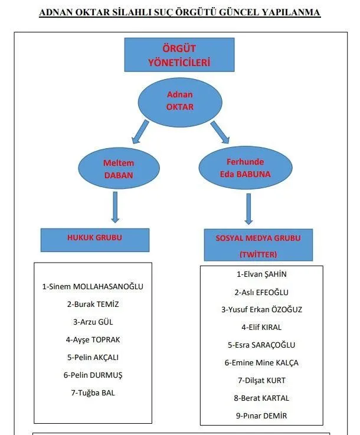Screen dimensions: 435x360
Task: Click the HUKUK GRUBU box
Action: tap(94, 238)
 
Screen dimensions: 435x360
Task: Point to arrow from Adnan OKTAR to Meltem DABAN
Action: tap(141, 131)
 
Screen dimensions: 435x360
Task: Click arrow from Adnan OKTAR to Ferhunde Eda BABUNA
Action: tap(219, 132)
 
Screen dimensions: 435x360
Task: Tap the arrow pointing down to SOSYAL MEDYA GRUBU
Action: tap(248, 208)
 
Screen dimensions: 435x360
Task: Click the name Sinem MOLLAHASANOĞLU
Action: tap(93, 287)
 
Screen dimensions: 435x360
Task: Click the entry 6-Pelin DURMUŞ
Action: tap(93, 375)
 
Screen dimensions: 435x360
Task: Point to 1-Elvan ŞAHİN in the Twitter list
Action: tap(261, 274)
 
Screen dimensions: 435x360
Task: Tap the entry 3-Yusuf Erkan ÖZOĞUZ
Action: tap(261, 309)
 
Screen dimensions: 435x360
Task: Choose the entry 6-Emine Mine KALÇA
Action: tap(261, 362)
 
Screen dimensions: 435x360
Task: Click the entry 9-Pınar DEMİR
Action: tap(261, 416)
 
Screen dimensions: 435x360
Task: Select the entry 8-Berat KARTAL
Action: tap(261, 398)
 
